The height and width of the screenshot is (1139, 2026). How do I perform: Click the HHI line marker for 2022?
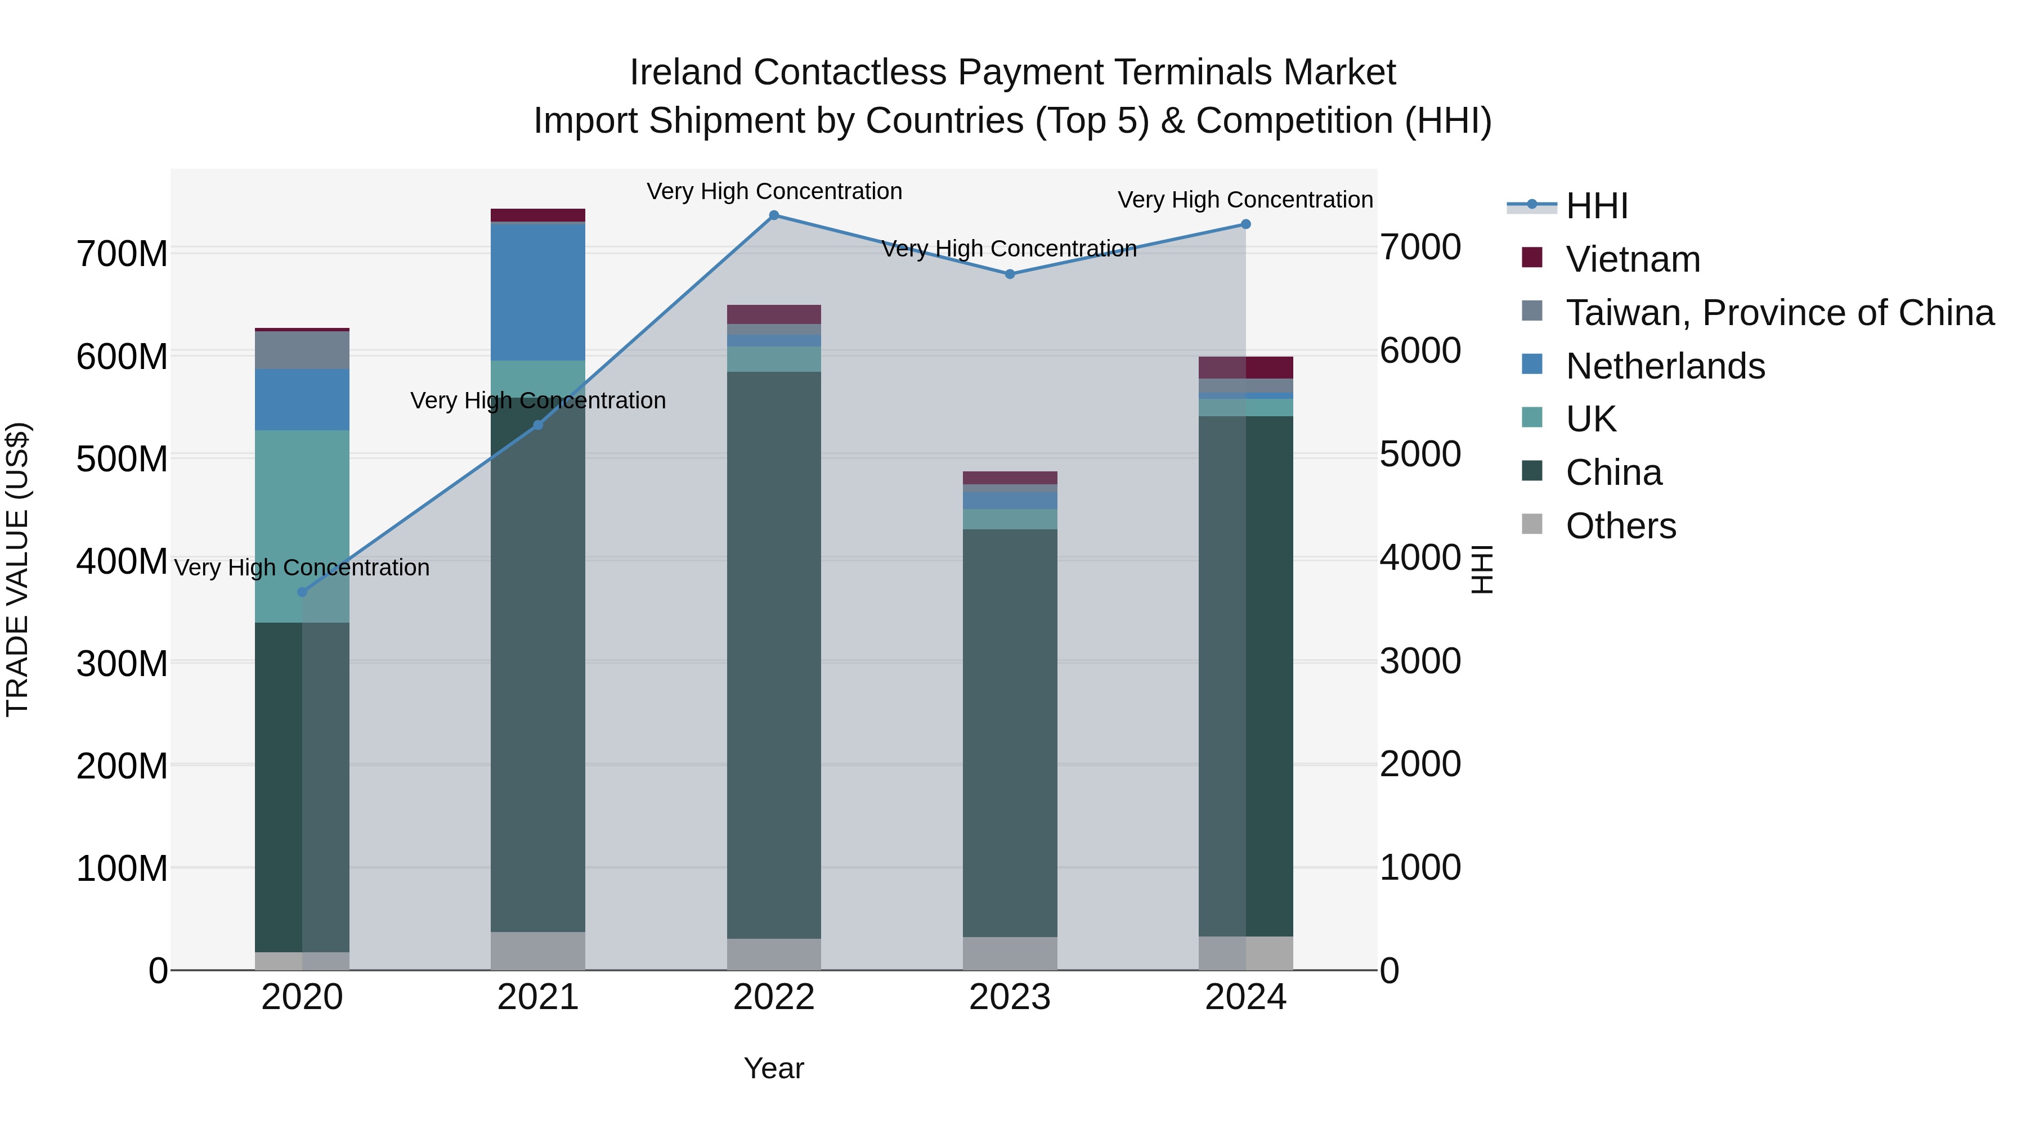coord(774,215)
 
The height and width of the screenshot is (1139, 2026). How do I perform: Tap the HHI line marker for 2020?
coord(302,592)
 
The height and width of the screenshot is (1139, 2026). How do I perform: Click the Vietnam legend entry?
coord(1632,259)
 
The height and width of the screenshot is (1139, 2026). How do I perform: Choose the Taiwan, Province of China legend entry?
coord(1779,313)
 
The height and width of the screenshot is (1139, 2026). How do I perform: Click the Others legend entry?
coord(1620,526)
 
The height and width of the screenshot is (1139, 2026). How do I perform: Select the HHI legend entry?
coord(1596,206)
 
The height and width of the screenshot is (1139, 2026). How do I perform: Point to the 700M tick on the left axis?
coord(122,254)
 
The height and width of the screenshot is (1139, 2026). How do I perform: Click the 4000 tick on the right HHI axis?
coord(1420,557)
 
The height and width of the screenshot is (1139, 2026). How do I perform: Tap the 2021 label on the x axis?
coord(538,997)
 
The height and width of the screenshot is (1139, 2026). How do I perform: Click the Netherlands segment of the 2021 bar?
coord(538,291)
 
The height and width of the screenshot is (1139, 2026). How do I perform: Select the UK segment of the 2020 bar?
coord(302,526)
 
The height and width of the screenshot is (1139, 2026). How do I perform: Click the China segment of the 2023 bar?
coord(1010,732)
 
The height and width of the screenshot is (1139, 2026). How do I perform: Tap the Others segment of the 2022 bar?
coord(774,955)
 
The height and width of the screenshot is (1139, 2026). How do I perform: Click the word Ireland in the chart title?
coord(686,73)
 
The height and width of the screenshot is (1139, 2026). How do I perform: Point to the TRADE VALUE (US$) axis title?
coord(17,569)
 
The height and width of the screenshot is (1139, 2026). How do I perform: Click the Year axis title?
coord(774,1068)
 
